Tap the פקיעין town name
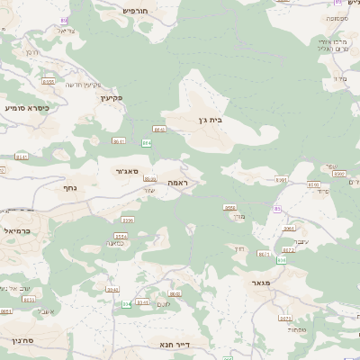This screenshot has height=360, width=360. [112, 97]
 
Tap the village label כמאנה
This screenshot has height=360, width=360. [115, 242]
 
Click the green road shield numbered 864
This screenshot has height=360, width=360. [146, 142]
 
